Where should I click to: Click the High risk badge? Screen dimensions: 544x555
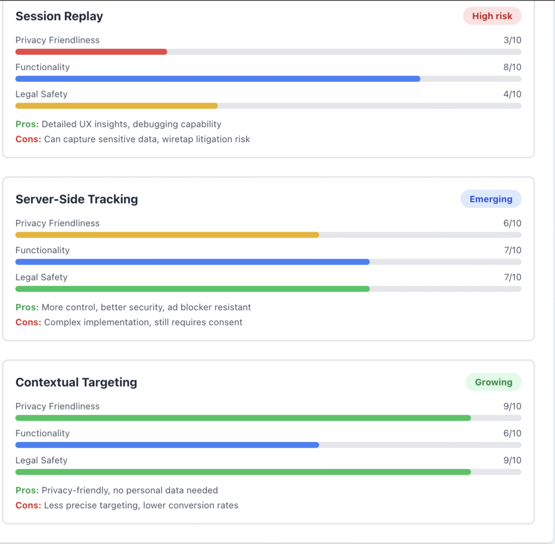[492, 16]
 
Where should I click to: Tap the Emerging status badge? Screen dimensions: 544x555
[491, 199]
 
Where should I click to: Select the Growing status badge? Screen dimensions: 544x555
[493, 382]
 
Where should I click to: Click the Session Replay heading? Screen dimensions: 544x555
[59, 16]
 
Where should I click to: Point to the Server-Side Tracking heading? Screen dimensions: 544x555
[76, 199]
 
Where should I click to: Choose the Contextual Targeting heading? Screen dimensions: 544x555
[76, 382]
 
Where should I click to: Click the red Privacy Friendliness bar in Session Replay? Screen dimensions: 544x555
[91, 52]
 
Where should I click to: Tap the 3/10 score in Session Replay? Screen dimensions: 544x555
[512, 40]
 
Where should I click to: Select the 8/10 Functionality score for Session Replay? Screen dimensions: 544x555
[512, 67]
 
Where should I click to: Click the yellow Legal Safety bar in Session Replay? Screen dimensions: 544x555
[117, 106]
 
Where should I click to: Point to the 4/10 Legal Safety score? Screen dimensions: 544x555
[512, 94]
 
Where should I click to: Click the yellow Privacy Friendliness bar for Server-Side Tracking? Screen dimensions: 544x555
[167, 235]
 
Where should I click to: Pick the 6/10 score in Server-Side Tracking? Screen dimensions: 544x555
[512, 223]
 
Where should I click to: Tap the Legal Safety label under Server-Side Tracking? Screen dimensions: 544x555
[41, 277]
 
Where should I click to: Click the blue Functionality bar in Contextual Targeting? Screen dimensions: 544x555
[167, 445]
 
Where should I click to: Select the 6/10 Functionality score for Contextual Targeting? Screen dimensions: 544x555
[512, 433]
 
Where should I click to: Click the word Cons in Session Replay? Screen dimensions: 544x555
[28, 139]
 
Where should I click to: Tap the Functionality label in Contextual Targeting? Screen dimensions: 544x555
[42, 433]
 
